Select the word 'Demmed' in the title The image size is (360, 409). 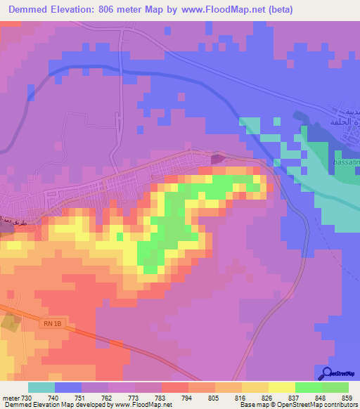(29, 10)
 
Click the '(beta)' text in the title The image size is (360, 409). (276, 10)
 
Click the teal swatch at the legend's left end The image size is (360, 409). (41, 387)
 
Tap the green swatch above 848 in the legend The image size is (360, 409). (308, 387)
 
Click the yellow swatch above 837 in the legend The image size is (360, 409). (281, 387)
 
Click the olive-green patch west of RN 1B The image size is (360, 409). (10, 324)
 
